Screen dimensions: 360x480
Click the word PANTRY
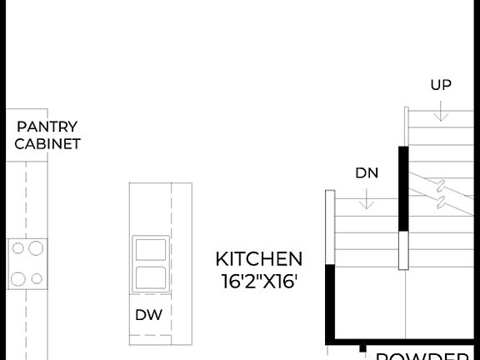tap(47, 127)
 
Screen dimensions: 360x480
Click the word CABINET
tap(47, 143)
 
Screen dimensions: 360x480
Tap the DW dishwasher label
tap(148, 314)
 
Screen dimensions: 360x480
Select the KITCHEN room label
tap(258, 258)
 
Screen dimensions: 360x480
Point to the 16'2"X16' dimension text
tap(258, 282)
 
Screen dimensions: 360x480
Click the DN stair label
tap(367, 173)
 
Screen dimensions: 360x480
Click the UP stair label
tap(441, 84)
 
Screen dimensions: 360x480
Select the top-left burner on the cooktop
tap(16, 247)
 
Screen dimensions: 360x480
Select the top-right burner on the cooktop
tap(35, 247)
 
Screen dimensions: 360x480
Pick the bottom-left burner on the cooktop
tap(16, 278)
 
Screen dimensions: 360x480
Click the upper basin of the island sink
tap(151, 250)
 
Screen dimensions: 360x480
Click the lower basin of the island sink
tap(151, 277)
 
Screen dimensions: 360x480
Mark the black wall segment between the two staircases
tap(404, 188)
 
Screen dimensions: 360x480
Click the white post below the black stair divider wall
tap(404, 250)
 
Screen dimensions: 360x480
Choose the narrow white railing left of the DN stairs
tap(330, 227)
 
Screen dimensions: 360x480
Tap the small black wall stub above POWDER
tap(363, 350)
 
